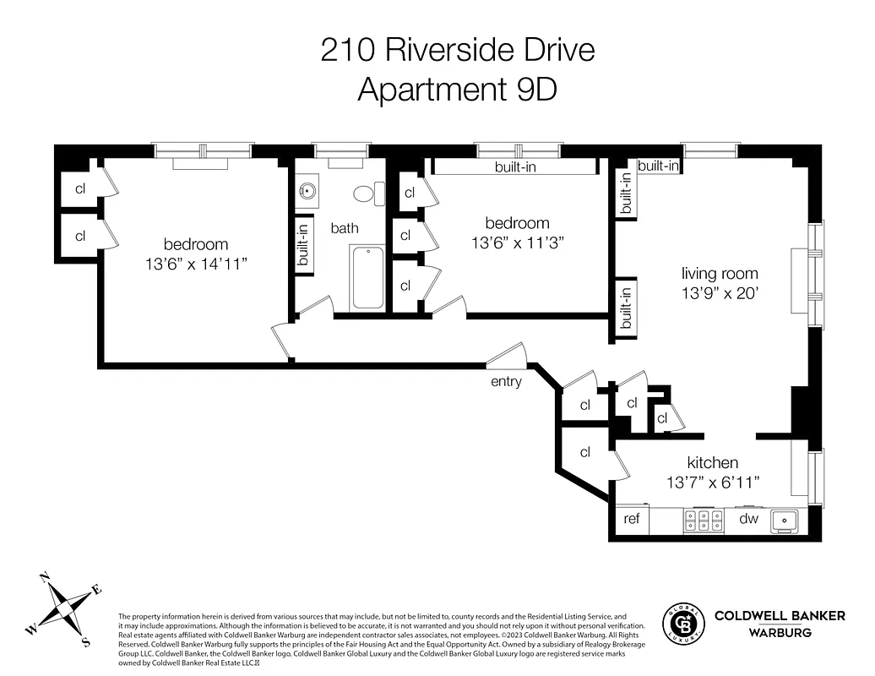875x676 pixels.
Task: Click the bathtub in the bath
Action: click(x=367, y=276)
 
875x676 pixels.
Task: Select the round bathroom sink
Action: click(x=306, y=192)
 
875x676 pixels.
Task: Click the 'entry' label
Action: click(x=506, y=382)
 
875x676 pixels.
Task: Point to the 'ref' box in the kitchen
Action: click(x=632, y=519)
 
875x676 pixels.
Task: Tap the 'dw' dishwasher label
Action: click(x=749, y=519)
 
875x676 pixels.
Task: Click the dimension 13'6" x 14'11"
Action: click(x=196, y=264)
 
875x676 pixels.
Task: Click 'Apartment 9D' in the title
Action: click(x=457, y=89)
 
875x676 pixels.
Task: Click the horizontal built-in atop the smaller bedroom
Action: click(x=515, y=167)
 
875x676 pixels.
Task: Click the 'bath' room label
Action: click(x=345, y=227)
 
